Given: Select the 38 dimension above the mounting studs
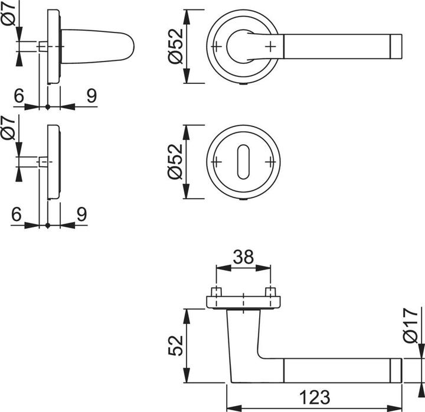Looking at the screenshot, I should coord(244,258).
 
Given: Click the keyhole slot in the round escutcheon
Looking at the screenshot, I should coord(244,162).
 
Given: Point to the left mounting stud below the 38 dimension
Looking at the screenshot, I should coord(217,293).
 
